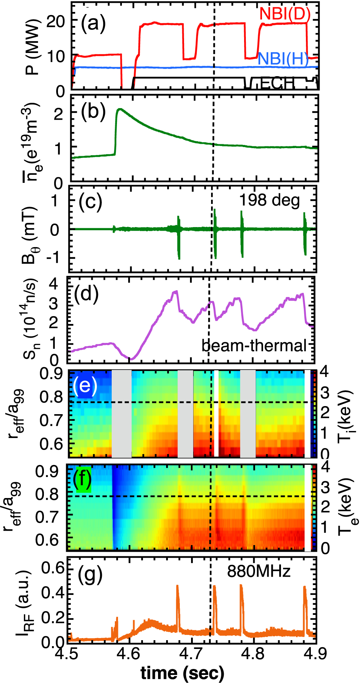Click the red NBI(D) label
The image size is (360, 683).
(x=285, y=14)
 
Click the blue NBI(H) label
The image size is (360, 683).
(x=283, y=59)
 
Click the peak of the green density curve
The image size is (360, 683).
(x=120, y=109)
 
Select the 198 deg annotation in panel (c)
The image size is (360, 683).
(x=269, y=200)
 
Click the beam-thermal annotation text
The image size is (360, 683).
(x=254, y=346)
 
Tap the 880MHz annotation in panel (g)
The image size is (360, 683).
(x=259, y=571)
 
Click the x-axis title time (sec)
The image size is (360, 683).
(x=182, y=672)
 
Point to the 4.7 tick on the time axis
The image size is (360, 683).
(x=192, y=654)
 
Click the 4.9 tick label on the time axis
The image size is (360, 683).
(x=315, y=654)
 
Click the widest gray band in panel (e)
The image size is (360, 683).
(x=122, y=414)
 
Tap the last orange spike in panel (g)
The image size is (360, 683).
(x=305, y=597)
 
